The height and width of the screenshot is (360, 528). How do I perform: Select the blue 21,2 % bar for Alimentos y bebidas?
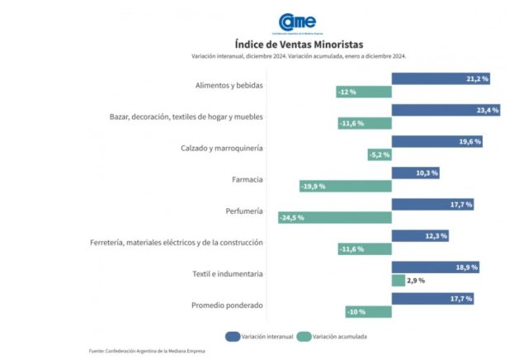click(x=441, y=78)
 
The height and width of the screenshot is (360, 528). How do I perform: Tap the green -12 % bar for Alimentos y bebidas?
click(x=364, y=92)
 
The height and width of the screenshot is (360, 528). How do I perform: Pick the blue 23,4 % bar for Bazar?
click(x=445, y=110)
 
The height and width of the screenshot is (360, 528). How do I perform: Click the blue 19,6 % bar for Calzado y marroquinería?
click(x=437, y=141)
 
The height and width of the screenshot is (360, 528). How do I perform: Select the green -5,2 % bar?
click(x=379, y=154)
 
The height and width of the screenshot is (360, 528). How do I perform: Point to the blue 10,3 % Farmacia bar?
click(x=416, y=173)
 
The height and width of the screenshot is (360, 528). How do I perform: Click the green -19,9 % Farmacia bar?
click(x=345, y=186)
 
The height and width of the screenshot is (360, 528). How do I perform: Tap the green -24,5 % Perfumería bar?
click(x=334, y=217)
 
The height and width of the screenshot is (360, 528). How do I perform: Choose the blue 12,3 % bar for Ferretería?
click(x=420, y=236)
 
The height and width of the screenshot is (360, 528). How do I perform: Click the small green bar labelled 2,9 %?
click(x=398, y=281)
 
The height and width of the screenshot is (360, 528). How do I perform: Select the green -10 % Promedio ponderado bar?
click(x=368, y=311)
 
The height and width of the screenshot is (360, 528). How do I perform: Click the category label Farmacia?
click(x=247, y=179)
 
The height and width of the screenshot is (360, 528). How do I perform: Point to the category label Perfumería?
click(x=243, y=211)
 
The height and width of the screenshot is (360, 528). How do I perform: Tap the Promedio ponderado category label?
click(x=227, y=306)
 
